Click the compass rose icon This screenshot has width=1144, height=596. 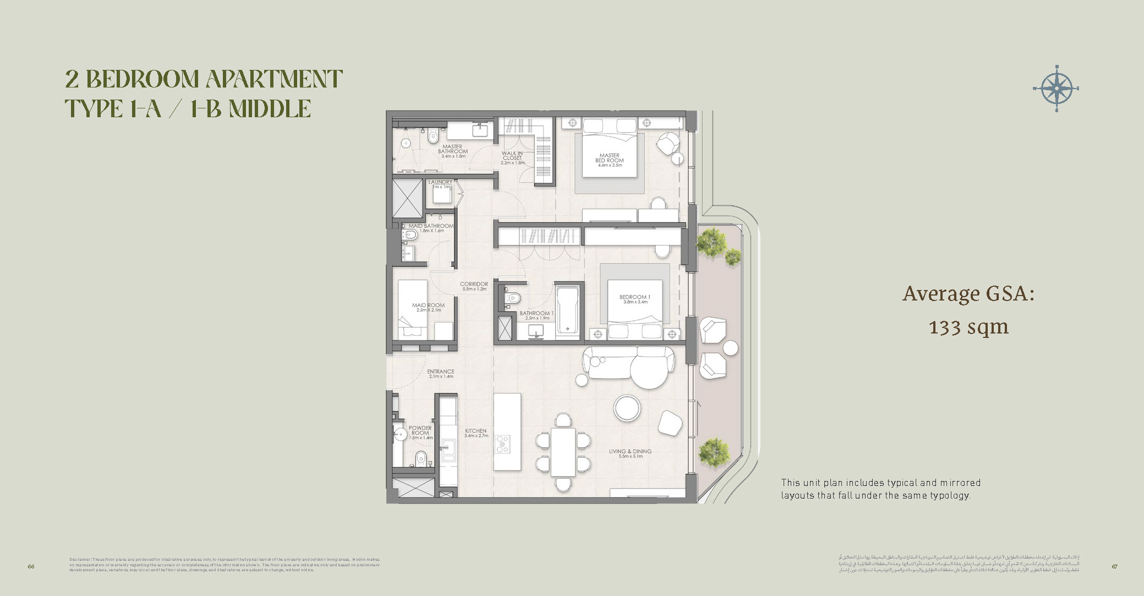pos(1056,88)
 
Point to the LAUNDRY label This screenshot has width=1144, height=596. pos(440,183)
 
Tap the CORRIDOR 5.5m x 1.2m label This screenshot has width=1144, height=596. pos(474,286)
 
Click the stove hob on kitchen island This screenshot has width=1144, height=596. pos(502,444)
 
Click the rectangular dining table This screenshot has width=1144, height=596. pos(563,451)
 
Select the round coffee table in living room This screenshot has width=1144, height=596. pos(627,408)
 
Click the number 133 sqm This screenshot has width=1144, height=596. pos(968,327)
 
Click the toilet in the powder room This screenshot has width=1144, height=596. pos(421,457)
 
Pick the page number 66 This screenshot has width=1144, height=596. pos(31,566)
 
